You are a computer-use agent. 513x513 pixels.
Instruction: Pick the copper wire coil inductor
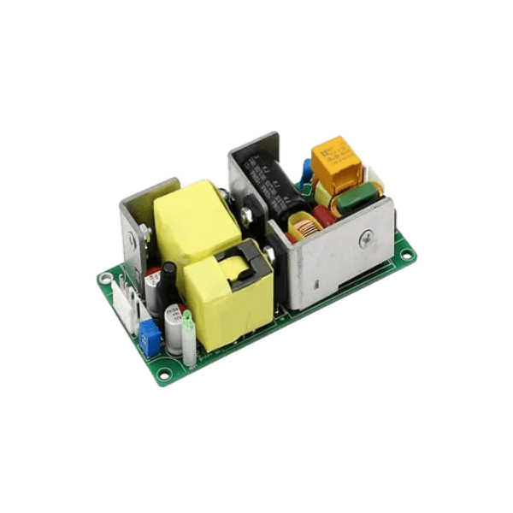tap(303, 229)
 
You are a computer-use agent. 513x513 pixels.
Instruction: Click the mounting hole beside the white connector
tap(105, 278)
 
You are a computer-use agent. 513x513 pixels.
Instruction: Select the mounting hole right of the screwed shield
tap(405, 252)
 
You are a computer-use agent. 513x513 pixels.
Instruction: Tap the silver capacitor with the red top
tap(153, 291)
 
